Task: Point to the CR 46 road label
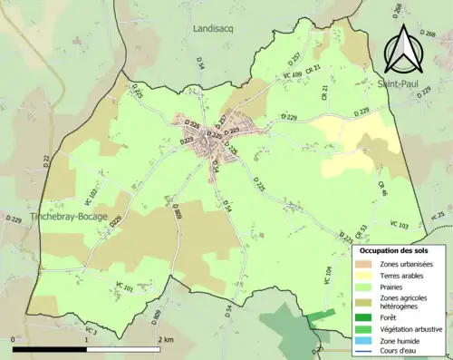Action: click(382, 190)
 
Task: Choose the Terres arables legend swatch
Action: click(364, 277)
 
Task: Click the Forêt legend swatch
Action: click(364, 317)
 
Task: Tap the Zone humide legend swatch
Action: click(364, 341)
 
